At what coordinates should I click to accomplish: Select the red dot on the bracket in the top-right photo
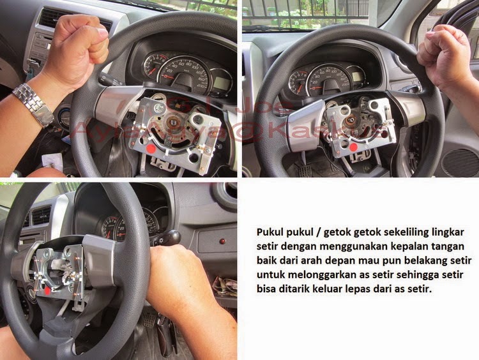[353, 147]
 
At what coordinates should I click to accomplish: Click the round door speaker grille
[460, 163]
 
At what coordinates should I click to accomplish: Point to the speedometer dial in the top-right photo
[328, 80]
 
